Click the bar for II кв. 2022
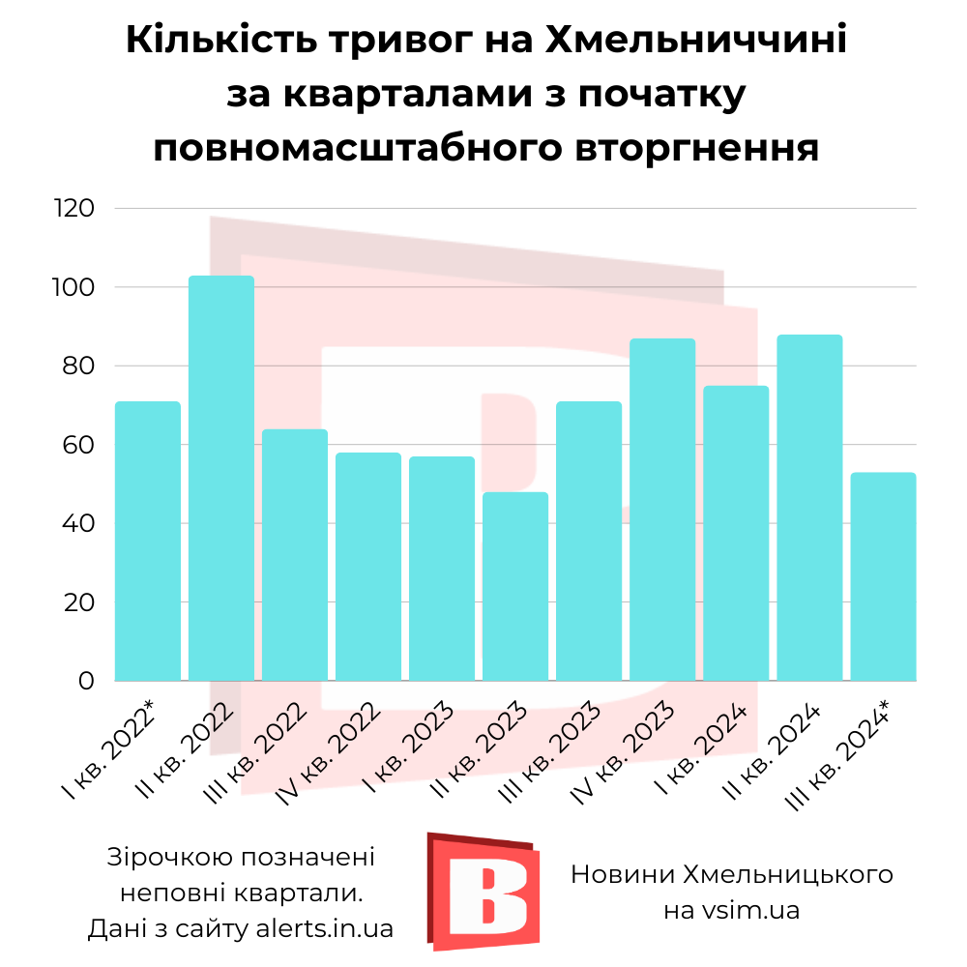(x=221, y=479)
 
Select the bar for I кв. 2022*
(x=148, y=542)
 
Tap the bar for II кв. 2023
(x=515, y=587)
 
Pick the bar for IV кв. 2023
(x=662, y=510)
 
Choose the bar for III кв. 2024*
(x=883, y=576)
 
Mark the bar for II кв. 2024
(x=809, y=508)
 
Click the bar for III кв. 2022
(x=295, y=555)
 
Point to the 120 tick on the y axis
(x=74, y=209)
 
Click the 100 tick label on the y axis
(x=74, y=287)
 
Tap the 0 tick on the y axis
(x=86, y=681)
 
